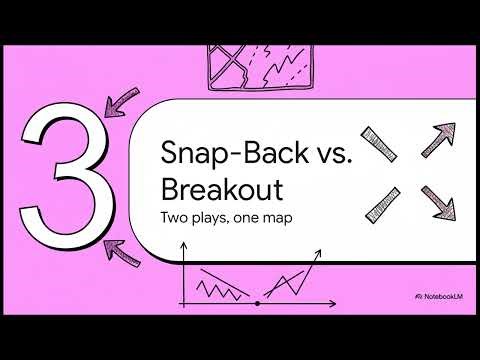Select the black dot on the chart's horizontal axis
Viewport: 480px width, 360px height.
[259, 300]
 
